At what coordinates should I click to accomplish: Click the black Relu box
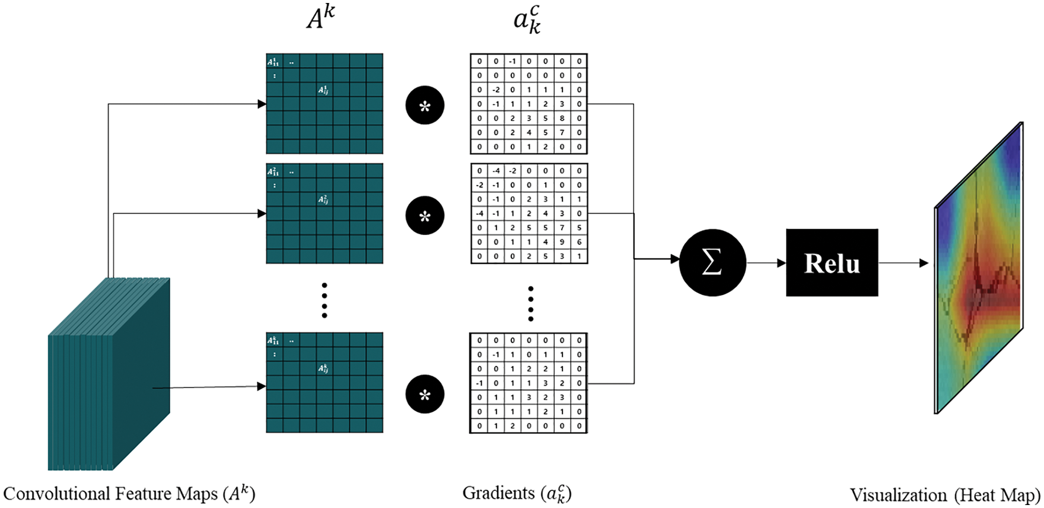tap(832, 262)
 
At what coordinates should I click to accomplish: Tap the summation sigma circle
tap(712, 262)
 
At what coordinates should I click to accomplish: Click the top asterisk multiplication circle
tap(425, 106)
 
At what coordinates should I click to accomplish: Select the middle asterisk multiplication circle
tap(425, 215)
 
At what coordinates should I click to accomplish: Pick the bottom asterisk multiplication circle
tap(425, 394)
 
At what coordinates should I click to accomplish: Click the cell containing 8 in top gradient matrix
tap(562, 118)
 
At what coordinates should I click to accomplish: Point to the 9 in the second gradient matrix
tap(562, 242)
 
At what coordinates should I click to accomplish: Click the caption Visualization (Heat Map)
tap(945, 495)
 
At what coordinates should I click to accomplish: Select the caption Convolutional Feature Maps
tap(129, 494)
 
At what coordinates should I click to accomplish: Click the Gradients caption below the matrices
tap(517, 493)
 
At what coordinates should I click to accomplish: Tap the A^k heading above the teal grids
tap(320, 18)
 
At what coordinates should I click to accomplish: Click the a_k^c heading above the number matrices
tap(527, 20)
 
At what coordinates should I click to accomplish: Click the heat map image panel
tap(979, 267)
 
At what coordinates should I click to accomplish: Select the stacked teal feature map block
tap(110, 374)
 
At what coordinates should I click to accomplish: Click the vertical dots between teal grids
tap(324, 300)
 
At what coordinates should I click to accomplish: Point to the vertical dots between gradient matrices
tap(530, 303)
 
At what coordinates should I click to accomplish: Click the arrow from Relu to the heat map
tap(903, 263)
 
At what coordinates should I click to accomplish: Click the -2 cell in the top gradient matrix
tap(496, 90)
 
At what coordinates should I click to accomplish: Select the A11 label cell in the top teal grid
tap(273, 62)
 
